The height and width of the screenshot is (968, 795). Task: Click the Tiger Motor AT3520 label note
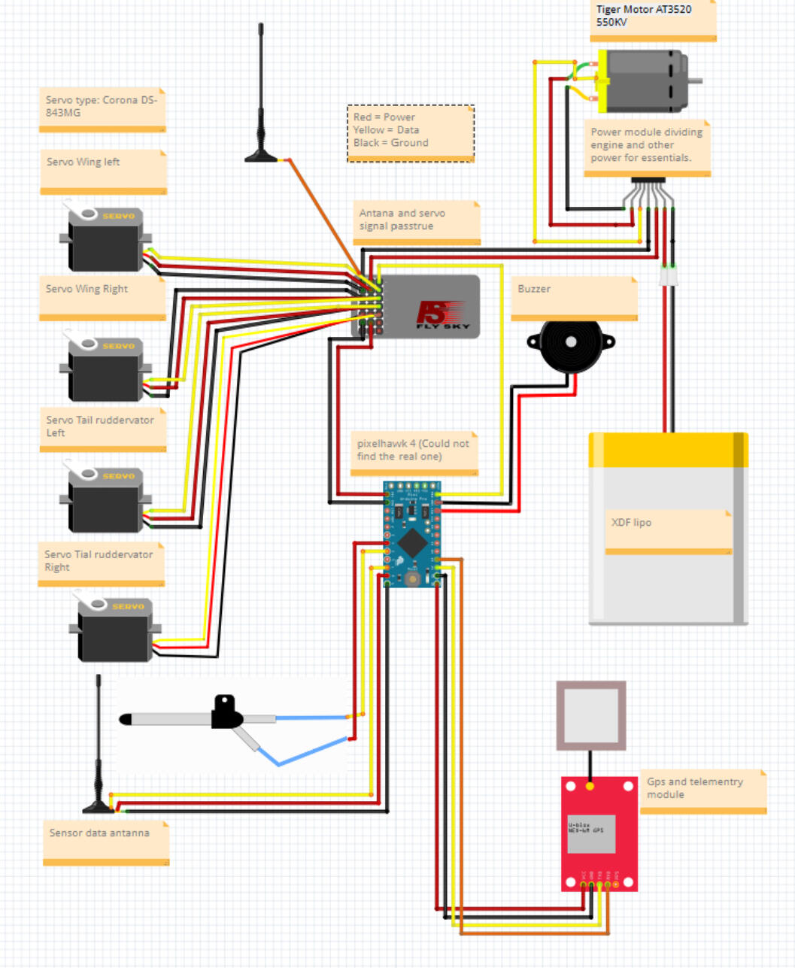(652, 18)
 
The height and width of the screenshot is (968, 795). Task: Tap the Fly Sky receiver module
(425, 307)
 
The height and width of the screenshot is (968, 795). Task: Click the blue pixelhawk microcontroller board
(411, 534)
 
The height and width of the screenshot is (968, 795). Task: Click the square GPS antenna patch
(590, 715)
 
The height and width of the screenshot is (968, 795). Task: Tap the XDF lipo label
(668, 530)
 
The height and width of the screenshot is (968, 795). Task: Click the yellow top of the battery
(668, 450)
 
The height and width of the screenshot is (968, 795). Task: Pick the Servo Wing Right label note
(102, 296)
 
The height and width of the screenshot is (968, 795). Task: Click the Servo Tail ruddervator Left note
(102, 429)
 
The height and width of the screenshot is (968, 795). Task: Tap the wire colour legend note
(410, 133)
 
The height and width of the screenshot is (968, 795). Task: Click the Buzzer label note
(574, 296)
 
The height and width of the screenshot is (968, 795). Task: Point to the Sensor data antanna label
(105, 842)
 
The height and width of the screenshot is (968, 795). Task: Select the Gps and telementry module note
(702, 790)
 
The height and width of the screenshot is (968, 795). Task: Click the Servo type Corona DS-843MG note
(102, 109)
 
